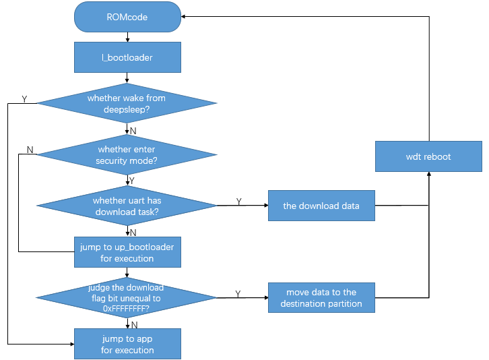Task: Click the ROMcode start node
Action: click(127, 16)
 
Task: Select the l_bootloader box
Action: click(127, 57)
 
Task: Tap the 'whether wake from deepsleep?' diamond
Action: click(127, 103)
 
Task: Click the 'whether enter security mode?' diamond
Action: click(127, 154)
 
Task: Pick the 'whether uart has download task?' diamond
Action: click(127, 206)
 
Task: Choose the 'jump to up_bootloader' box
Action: click(127, 252)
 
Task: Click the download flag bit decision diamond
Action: click(127, 297)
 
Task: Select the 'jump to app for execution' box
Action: click(127, 344)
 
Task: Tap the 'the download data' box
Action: click(321, 206)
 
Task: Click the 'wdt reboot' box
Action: click(428, 156)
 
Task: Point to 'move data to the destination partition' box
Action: click(321, 298)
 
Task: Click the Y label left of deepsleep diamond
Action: click(24, 99)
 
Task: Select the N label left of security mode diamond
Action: click(30, 149)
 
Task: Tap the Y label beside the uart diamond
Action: click(239, 202)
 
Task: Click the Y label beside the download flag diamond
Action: click(238, 293)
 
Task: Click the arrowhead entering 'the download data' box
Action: click(265, 206)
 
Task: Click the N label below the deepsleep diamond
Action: click(133, 130)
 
